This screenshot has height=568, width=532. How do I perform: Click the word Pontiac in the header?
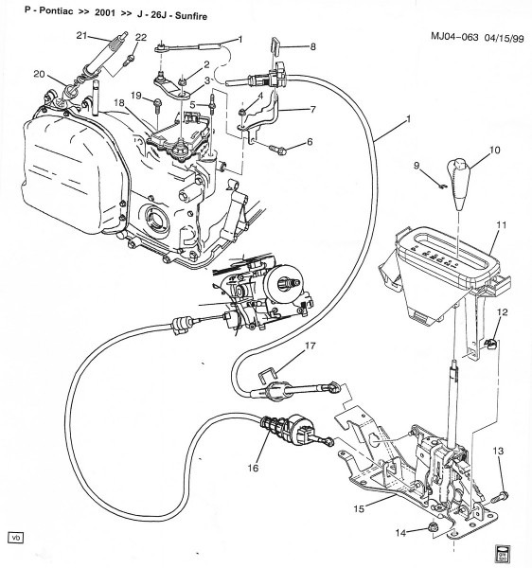click(37, 9)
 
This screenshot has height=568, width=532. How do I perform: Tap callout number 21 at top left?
click(81, 35)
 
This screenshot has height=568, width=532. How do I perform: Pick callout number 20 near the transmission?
click(38, 75)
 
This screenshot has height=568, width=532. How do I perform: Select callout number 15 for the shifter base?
click(359, 509)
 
